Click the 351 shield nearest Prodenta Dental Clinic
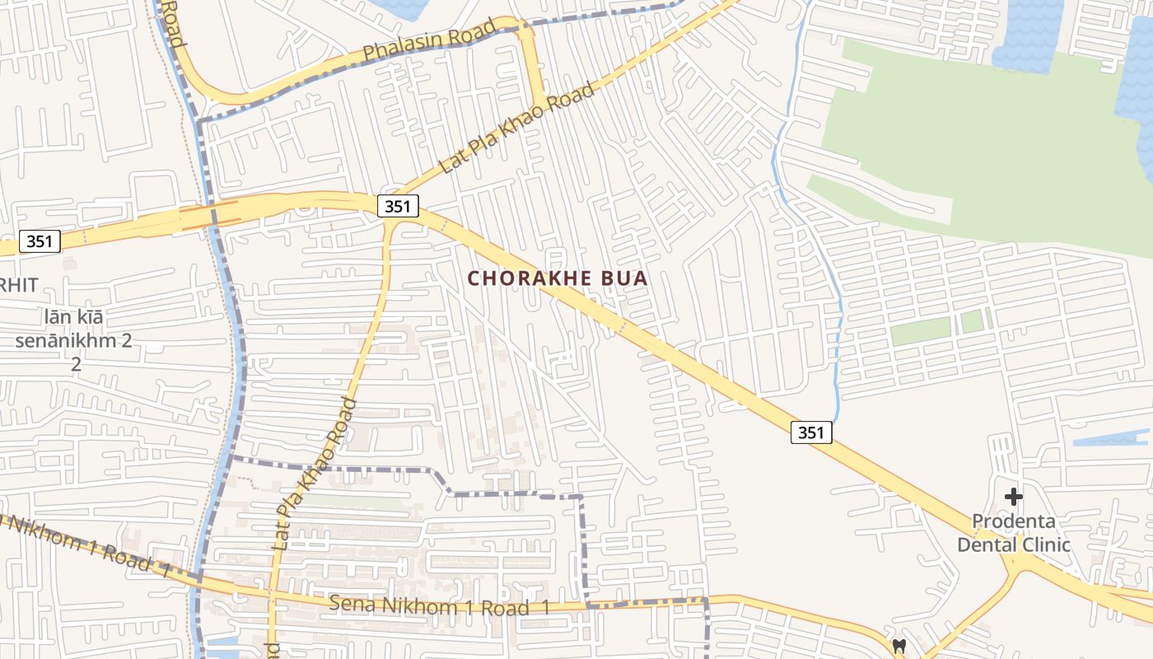tap(811, 432)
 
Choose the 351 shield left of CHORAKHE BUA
tap(398, 205)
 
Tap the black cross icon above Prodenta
tap(1014, 497)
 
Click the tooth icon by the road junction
tap(899, 646)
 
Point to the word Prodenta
tap(1014, 521)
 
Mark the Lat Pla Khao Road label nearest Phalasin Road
tap(517, 128)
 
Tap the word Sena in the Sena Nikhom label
tap(351, 604)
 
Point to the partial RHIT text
tap(20, 285)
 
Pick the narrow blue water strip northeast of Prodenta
tap(1112, 439)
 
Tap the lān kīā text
tap(76, 316)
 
